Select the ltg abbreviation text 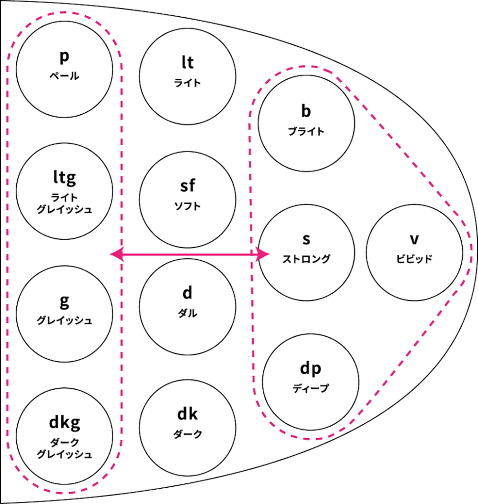[x=64, y=177]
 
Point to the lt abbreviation [x=188, y=63]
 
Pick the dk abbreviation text [x=188, y=414]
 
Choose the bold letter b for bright [x=306, y=111]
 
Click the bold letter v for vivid [x=414, y=239]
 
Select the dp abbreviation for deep [x=310, y=369]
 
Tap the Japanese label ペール [x=64, y=76]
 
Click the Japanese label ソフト [x=188, y=206]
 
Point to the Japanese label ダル [x=188, y=313]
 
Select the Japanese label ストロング [x=306, y=259]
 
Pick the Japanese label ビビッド [x=414, y=259]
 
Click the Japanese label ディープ [x=310, y=388]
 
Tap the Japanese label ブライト [x=306, y=131]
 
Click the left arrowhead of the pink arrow [x=115, y=254]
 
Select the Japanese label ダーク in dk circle [x=188, y=434]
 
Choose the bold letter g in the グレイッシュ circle [x=64, y=301]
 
